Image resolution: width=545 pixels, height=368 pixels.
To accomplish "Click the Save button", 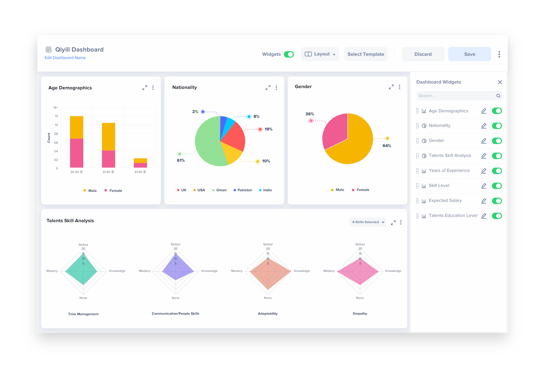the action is [x=469, y=54].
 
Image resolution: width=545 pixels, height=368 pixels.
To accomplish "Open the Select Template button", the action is [x=366, y=54].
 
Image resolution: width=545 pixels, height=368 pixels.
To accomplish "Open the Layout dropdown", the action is [x=320, y=54].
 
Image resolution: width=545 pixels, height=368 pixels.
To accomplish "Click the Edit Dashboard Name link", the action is [x=65, y=58].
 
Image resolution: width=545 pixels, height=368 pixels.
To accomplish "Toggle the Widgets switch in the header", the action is [x=289, y=54].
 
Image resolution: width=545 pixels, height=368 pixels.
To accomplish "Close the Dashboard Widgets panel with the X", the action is [x=500, y=82].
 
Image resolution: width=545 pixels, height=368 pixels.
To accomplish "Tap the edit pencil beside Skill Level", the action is [x=484, y=186].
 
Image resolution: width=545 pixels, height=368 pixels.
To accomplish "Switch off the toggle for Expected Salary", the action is [x=497, y=201].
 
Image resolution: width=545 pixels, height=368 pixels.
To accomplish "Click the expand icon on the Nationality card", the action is [x=268, y=88].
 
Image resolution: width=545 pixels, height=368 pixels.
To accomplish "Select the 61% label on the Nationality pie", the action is [x=181, y=160].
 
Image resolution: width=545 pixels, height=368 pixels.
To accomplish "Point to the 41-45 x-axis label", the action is [x=140, y=172].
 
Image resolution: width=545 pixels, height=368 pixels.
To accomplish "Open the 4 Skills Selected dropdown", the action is [x=368, y=222].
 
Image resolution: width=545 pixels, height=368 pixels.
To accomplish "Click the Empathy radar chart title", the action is [x=360, y=314].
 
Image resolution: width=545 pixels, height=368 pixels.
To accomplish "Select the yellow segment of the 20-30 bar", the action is [x=77, y=127].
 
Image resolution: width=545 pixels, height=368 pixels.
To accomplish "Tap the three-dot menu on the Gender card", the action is [x=399, y=87].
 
